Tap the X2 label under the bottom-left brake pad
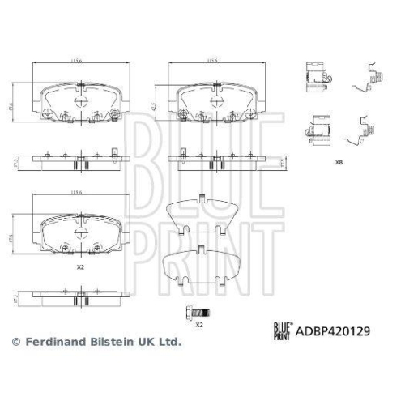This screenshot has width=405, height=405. point(80,266)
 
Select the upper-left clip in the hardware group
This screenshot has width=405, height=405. point(317,78)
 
